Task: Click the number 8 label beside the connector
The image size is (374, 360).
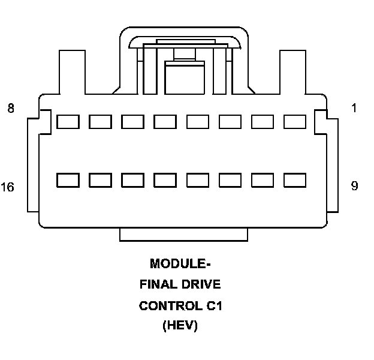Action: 11,109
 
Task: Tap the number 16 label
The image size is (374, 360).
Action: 8,187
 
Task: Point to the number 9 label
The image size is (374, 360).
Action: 354,186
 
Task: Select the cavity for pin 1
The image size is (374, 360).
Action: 294,122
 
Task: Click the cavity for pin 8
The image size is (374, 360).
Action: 68,122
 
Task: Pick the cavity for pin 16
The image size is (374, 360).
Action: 68,180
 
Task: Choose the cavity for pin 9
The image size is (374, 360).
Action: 294,180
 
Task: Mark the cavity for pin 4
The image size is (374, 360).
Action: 197,122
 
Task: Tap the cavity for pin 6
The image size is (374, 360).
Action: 132,122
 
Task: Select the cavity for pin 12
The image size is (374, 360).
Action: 197,180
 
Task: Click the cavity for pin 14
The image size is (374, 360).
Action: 132,180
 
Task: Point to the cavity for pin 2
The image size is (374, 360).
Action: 262,122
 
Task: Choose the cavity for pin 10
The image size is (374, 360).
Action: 262,180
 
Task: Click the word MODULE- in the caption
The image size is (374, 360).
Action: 180,263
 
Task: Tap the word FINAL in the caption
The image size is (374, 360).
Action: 157,284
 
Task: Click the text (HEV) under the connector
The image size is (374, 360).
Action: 180,327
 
